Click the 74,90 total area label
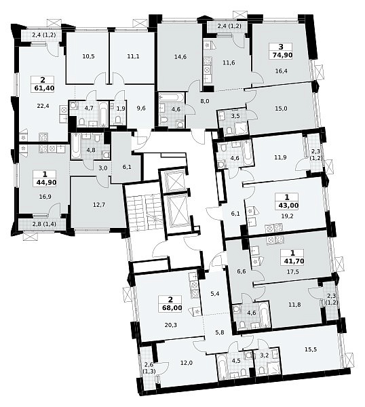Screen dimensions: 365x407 [x=281, y=55]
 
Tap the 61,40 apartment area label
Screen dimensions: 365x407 [x=44, y=88]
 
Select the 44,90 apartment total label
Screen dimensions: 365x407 [x=46, y=182]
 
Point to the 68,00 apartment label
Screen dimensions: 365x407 [x=171, y=309]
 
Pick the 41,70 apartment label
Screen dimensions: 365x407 [x=293, y=261]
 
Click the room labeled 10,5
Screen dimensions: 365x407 [x=87, y=56]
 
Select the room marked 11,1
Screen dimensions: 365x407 [x=133, y=56]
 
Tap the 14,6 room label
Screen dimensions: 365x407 [x=180, y=56]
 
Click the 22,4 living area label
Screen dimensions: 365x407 [x=43, y=106]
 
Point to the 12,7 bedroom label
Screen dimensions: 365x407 [x=98, y=205]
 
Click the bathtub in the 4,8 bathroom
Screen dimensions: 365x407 [x=75, y=147]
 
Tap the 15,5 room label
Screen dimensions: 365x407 [x=311, y=349]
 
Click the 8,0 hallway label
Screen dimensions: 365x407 [x=205, y=101]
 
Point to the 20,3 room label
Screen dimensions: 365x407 [x=170, y=325]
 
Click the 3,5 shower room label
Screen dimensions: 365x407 [x=235, y=116]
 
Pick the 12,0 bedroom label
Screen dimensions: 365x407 [x=186, y=363]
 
